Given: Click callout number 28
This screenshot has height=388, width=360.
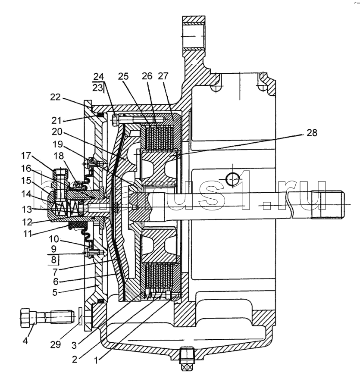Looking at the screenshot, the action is pos(312,133).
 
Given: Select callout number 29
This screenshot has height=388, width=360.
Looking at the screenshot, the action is pos(56,344).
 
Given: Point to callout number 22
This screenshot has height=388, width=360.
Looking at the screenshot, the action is pos(55,97).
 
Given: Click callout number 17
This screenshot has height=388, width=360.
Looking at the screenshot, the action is pos(26,156).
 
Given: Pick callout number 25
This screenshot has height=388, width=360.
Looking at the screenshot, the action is pos(123,76).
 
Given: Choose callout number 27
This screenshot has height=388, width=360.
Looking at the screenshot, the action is pos(163,76).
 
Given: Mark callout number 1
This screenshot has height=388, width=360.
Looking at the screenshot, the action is pos(97,360).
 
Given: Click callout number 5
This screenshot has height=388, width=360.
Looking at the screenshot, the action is pos(55,292).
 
